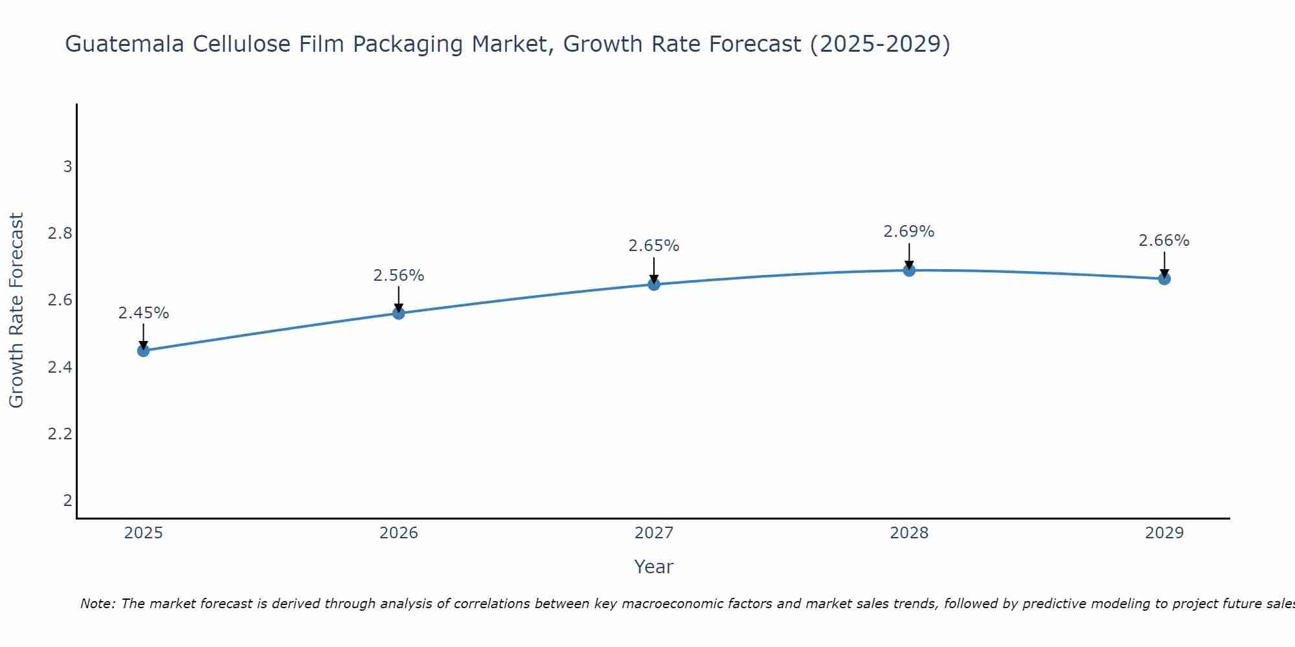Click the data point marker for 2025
pos(144,351)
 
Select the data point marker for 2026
pos(399,313)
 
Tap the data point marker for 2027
pos(654,284)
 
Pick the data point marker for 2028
pos(909,270)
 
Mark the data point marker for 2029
pos(1164,279)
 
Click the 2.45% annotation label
pos(144,313)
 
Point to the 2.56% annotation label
pos(399,276)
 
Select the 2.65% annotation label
pos(654,246)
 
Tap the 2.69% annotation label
pos(909,232)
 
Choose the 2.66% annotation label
pos(1164,241)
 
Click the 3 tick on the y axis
pos(67,167)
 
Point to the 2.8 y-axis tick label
pos(60,234)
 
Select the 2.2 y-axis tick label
pos(60,433)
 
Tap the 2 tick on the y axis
pos(67,500)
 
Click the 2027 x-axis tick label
pos(654,533)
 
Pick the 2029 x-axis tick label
pos(1164,533)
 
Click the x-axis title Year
pos(654,567)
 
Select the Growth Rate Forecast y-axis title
pos(16,311)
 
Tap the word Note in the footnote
pos(97,604)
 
